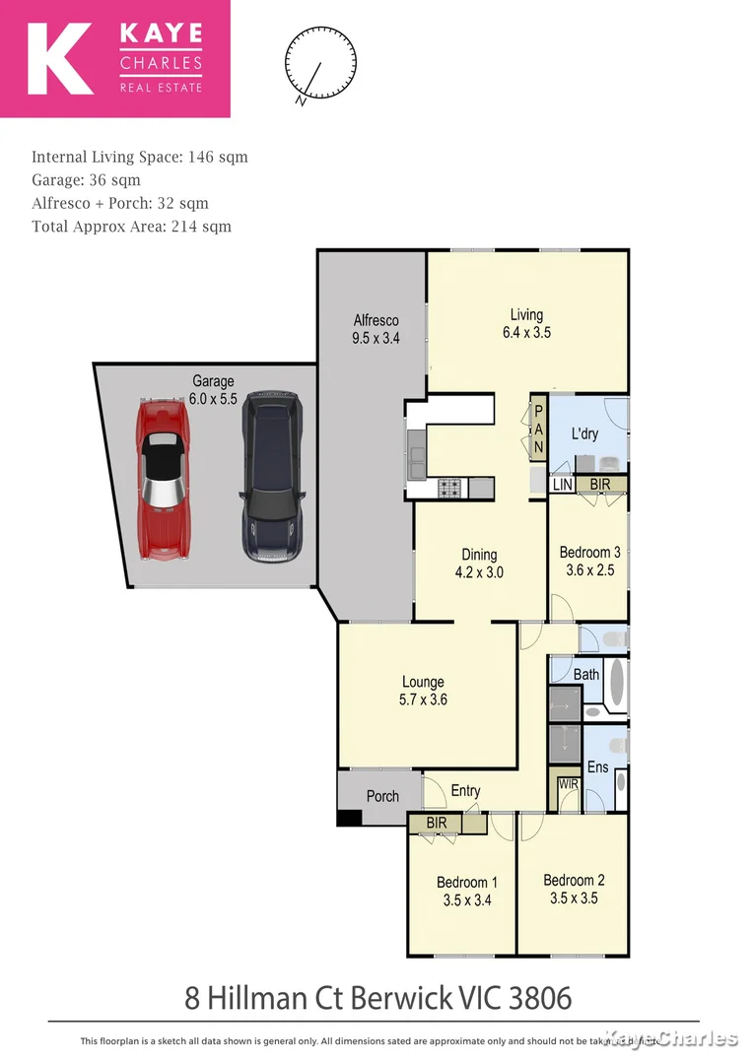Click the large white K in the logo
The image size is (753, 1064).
pos(60,59)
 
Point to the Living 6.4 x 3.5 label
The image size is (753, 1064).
pos(525,324)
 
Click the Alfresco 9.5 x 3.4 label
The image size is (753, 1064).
pos(376,328)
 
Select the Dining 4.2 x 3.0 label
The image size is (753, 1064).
pos(479,563)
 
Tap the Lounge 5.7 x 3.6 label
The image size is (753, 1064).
pos(423,691)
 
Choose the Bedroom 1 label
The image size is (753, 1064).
pos(467,891)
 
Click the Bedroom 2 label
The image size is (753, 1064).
pos(573,889)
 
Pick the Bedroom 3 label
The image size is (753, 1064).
pos(589,561)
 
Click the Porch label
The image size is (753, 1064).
pos(382,796)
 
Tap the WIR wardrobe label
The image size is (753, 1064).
pos(568,784)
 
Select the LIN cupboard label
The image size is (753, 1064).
pos(562,486)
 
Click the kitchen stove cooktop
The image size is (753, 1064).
pos(450,486)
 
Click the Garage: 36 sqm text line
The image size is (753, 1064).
pos(86,180)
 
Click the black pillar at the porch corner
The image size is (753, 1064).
pos(349,818)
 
